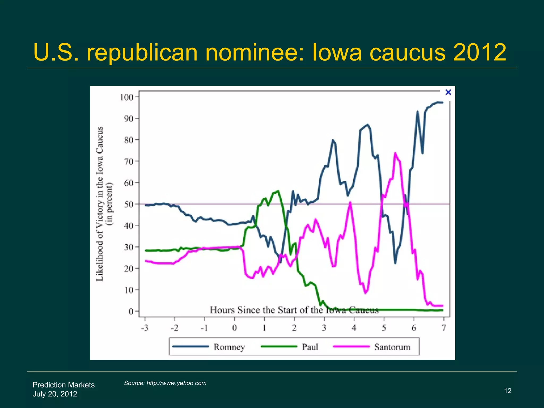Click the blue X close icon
coord(448,92)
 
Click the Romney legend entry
coord(229,347)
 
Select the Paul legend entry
coord(310,347)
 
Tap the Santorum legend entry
coord(392,347)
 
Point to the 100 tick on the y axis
coord(126,97)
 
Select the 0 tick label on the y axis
coord(131,311)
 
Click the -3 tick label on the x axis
coord(144,328)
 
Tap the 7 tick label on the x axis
coord(444,328)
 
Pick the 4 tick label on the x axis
coord(354,328)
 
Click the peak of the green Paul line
coord(278,191)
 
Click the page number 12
coord(508,391)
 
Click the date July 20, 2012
coord(55,394)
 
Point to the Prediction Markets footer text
coord(63,385)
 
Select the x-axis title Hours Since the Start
coord(294,310)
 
